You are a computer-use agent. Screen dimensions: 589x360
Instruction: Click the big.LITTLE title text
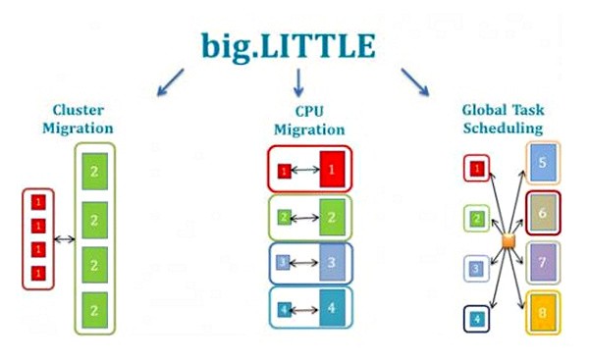pyautogui.click(x=295, y=44)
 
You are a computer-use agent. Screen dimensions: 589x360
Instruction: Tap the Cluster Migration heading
pyautogui.click(x=78, y=119)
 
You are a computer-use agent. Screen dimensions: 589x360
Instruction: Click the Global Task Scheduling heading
pyautogui.click(x=503, y=119)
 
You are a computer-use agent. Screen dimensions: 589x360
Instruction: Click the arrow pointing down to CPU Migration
pyautogui.click(x=297, y=82)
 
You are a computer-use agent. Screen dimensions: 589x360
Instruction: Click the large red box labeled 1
pyautogui.click(x=333, y=170)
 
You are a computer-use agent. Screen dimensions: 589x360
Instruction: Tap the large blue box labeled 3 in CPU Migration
pyautogui.click(x=333, y=263)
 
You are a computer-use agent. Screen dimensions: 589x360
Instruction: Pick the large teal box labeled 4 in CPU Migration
pyautogui.click(x=333, y=308)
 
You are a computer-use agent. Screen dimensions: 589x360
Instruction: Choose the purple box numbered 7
pyautogui.click(x=543, y=263)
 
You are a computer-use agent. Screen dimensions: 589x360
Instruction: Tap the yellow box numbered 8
pyautogui.click(x=543, y=313)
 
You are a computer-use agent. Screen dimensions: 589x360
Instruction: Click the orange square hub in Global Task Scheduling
pyautogui.click(x=508, y=241)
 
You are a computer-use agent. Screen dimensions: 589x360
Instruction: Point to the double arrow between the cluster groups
pyautogui.click(x=65, y=238)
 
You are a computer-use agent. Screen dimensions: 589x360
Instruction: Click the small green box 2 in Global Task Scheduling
pyautogui.click(x=476, y=218)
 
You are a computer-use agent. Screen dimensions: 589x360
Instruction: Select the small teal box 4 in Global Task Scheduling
pyautogui.click(x=476, y=318)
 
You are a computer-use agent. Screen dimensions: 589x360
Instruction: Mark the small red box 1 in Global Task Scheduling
pyautogui.click(x=476, y=169)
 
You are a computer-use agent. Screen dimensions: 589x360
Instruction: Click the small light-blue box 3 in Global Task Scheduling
pyautogui.click(x=476, y=267)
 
